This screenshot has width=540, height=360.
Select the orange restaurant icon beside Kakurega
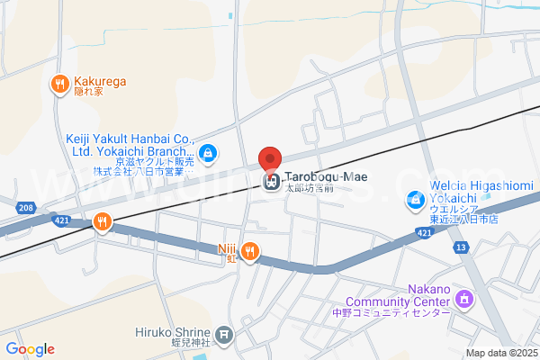click(60, 84)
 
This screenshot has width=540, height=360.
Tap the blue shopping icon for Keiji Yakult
click(208, 155)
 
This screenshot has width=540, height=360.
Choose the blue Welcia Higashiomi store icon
click(415, 198)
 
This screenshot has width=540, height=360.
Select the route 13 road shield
click(462, 246)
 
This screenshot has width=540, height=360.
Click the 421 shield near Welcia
click(422, 233)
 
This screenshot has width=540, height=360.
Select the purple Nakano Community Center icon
click(464, 297)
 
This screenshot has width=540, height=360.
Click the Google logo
click(30, 349)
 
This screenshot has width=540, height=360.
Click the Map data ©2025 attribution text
click(501, 353)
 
